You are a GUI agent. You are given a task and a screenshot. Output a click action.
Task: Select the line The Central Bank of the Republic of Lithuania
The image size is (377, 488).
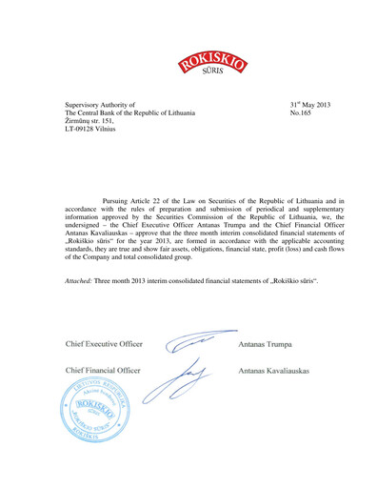pyautogui.click(x=129, y=113)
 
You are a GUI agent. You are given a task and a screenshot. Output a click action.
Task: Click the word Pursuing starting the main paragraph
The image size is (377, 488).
pyautogui.click(x=120, y=203)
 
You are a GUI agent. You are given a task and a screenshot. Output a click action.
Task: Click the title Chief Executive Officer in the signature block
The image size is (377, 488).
pyautogui.click(x=104, y=343)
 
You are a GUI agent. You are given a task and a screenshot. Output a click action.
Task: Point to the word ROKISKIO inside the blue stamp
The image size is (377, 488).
pyautogui.click(x=95, y=412)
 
